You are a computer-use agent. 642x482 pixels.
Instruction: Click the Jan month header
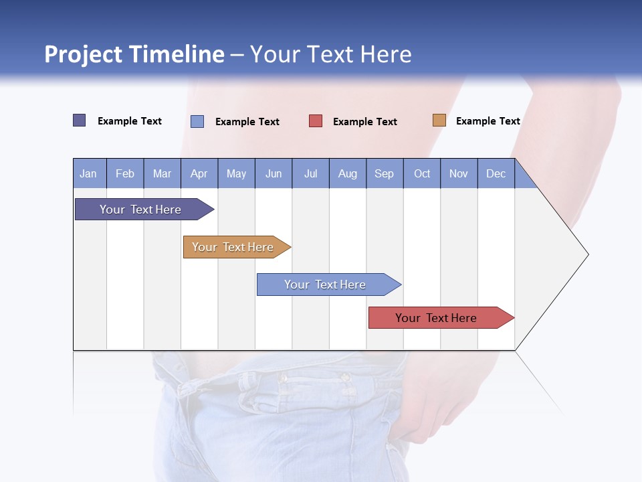pyautogui.click(x=89, y=173)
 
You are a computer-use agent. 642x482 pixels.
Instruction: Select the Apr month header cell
pyautogui.click(x=199, y=173)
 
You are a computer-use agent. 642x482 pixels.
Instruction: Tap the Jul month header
pyautogui.click(x=310, y=173)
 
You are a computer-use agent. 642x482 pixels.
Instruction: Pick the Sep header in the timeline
pyautogui.click(x=385, y=173)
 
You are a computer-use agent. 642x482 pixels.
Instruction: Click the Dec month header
pyautogui.click(x=496, y=173)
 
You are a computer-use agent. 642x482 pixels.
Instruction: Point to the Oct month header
pyautogui.click(x=422, y=173)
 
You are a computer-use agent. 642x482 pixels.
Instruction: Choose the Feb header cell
pyautogui.click(x=125, y=173)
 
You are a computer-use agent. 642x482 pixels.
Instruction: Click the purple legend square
pyautogui.click(x=80, y=120)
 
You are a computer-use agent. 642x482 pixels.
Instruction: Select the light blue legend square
pyautogui.click(x=197, y=121)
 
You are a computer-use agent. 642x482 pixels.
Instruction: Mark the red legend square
pyautogui.click(x=316, y=121)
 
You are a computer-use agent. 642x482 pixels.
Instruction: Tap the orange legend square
pyautogui.click(x=439, y=120)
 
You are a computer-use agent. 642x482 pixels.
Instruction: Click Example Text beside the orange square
pyautogui.click(x=488, y=121)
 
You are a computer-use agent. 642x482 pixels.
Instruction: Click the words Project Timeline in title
pyautogui.click(x=134, y=54)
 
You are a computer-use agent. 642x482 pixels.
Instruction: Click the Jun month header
pyautogui.click(x=274, y=173)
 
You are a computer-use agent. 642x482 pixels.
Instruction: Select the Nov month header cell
pyautogui.click(x=459, y=173)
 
